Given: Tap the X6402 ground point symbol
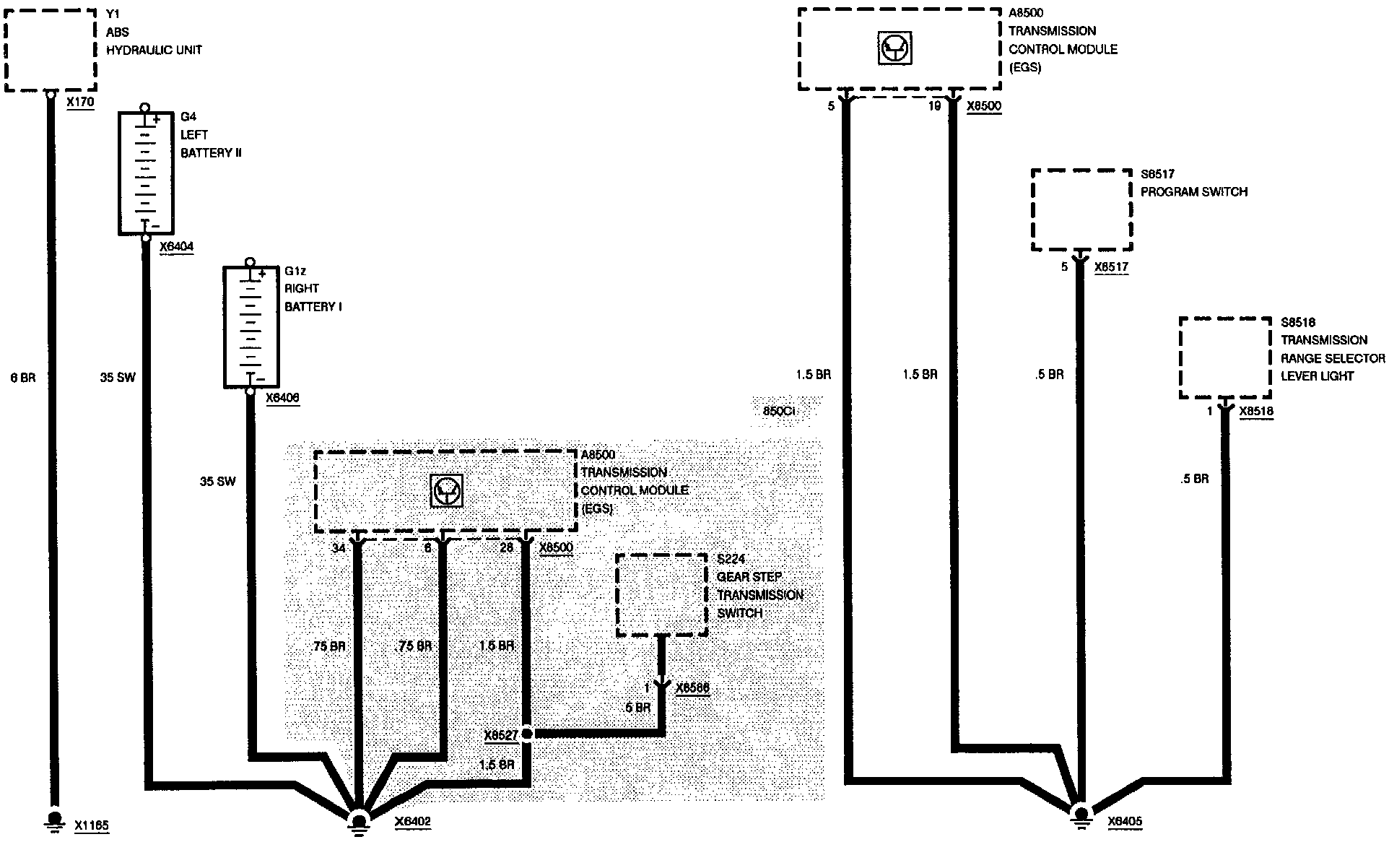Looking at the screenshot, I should tap(359, 822).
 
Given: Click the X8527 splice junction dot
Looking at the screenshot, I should tap(527, 734).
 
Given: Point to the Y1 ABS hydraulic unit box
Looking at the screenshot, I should tap(50, 50).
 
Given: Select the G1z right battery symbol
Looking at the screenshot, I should tap(250, 327).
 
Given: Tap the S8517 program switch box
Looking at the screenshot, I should tap(1081, 209).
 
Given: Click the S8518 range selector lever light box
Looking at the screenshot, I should tap(1224, 357).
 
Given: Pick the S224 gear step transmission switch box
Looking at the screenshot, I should tap(661, 594).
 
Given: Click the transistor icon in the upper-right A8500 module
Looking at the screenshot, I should tap(895, 49).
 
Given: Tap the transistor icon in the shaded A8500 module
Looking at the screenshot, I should tap(445, 491).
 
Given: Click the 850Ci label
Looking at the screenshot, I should tap(779, 411).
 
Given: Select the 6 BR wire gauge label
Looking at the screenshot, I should tap(22, 378).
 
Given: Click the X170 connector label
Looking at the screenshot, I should tap(80, 103).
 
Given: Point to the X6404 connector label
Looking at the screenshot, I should tap(176, 247).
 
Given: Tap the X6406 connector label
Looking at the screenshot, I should tap(282, 398).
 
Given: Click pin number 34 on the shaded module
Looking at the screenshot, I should tap(339, 548).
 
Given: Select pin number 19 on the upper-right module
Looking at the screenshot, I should tap(934, 106).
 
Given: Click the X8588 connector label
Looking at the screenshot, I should tap(692, 688).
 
